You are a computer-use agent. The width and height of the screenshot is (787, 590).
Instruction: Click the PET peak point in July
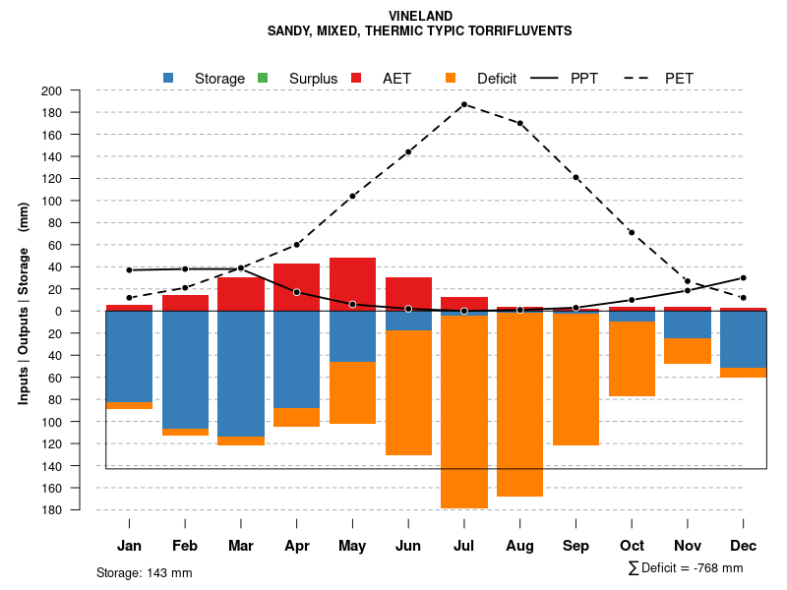coord(463,104)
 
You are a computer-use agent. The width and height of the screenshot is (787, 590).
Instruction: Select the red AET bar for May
coord(352,283)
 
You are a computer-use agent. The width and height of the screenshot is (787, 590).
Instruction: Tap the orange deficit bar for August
coord(519,403)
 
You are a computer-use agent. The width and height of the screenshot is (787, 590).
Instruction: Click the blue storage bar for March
coord(241,374)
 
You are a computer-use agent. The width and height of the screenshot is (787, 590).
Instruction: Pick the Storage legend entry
coord(206,78)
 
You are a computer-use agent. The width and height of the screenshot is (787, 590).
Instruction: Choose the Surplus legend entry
coord(299,78)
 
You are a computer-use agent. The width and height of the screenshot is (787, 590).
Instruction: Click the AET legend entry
coord(384,78)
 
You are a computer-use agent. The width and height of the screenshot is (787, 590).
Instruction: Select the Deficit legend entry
coord(482,78)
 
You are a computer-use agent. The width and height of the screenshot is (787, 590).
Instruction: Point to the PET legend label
coord(679,78)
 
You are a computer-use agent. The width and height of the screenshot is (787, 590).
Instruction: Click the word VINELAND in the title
coord(420,16)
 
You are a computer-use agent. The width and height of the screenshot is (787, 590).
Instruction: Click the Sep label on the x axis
coord(575,546)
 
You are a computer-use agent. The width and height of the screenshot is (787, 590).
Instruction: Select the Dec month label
coord(743,546)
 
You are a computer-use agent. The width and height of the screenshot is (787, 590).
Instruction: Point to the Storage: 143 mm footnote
coord(144,572)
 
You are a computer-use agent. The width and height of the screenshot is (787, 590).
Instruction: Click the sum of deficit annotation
coord(685,568)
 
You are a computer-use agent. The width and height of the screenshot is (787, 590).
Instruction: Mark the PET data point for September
coord(575,177)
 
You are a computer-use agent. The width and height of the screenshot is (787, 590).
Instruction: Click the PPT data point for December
coord(743,277)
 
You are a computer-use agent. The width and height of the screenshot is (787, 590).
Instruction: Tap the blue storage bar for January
coord(129,356)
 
